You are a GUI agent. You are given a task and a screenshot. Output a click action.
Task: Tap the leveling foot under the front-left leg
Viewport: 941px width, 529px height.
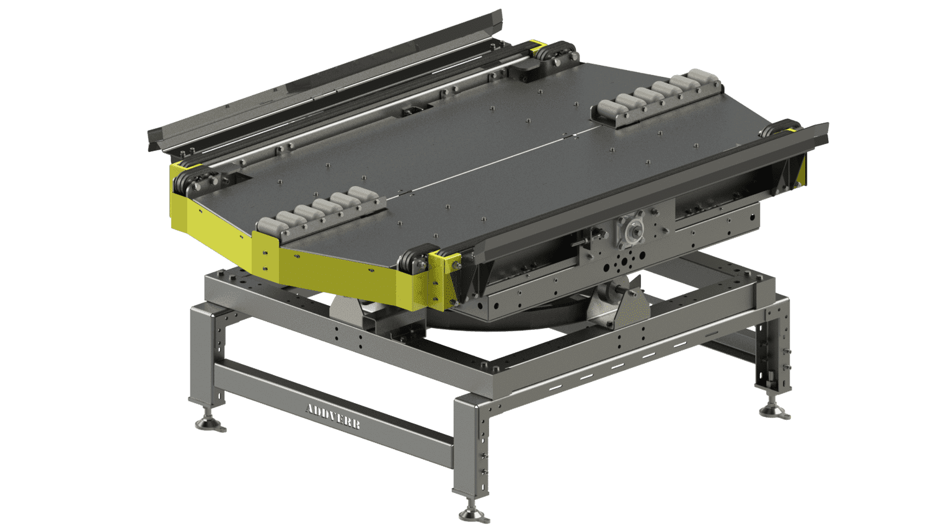click(211, 424)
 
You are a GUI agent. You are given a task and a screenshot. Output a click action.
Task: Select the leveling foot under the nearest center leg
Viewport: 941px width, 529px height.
click(473, 515)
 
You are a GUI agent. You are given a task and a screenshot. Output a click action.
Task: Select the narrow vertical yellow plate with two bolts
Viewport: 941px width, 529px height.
click(265, 257)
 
